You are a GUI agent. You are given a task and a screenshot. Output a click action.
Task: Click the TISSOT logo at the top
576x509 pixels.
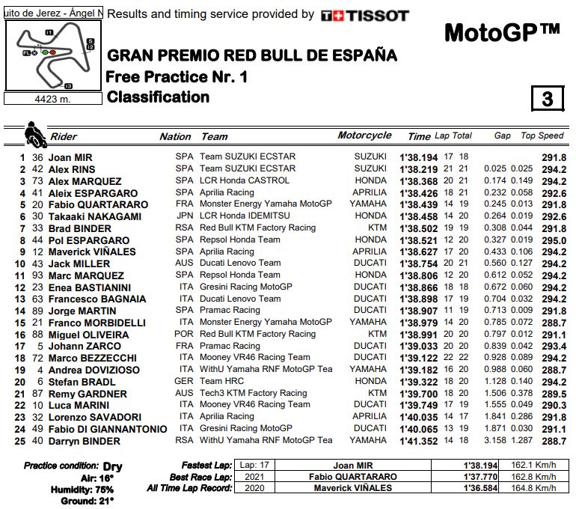tap(364, 15)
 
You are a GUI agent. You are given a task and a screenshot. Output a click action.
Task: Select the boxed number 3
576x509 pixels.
tap(548, 100)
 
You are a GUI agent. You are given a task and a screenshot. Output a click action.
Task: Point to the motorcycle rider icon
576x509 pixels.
tap(34, 135)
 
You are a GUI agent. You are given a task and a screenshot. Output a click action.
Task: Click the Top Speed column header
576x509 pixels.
tap(542, 135)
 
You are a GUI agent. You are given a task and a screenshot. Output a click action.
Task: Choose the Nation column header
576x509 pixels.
tap(175, 136)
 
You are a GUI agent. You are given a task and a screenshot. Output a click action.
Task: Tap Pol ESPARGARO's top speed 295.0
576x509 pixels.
tap(554, 240)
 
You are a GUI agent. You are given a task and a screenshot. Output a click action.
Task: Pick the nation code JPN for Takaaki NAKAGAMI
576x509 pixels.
tap(184, 216)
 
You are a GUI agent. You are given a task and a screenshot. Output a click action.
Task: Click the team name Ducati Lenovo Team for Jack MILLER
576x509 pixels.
tap(240, 263)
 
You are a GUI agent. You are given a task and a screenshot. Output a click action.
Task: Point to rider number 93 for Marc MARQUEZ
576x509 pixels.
tap(37, 275)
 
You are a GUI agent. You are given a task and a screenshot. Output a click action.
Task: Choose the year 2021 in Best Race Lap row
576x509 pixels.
tap(254, 477)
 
